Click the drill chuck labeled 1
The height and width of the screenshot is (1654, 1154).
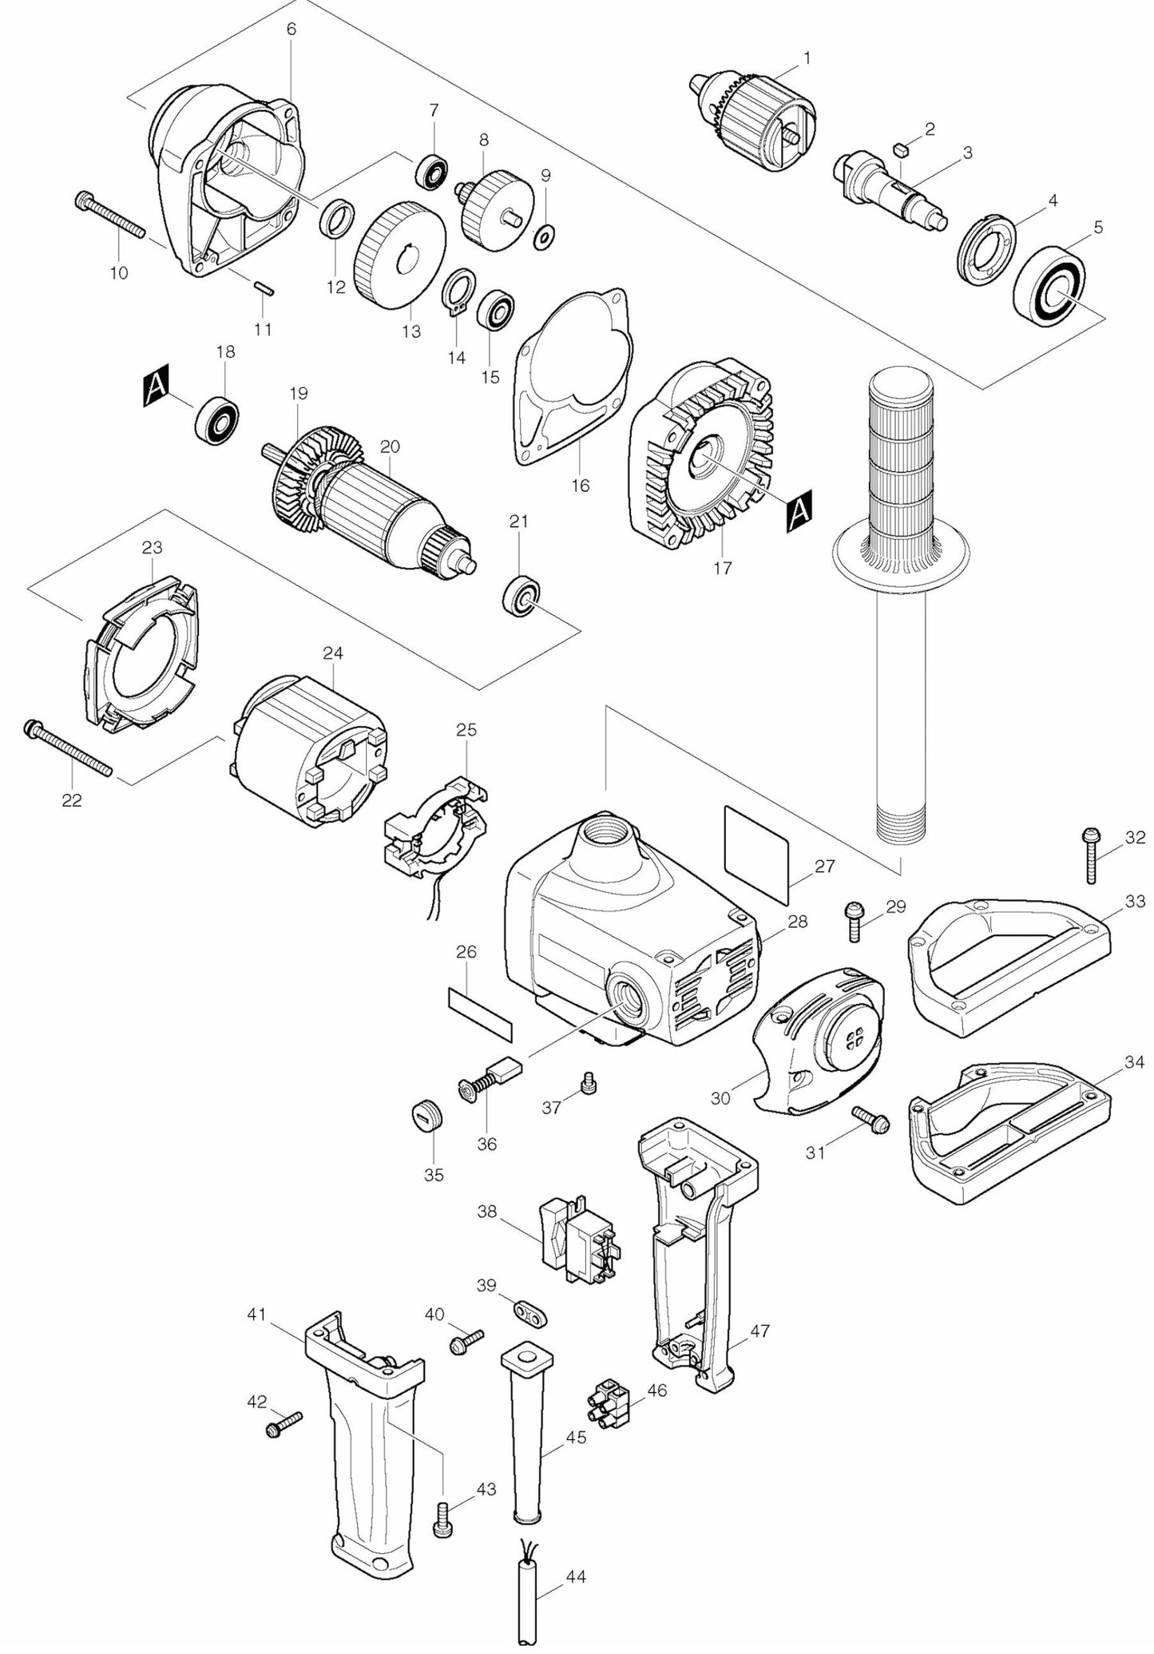[x=755, y=120]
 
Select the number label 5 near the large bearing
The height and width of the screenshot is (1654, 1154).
[x=1098, y=228]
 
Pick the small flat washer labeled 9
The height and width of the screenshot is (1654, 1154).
[x=546, y=235]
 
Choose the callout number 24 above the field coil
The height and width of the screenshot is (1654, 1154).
[x=333, y=652]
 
